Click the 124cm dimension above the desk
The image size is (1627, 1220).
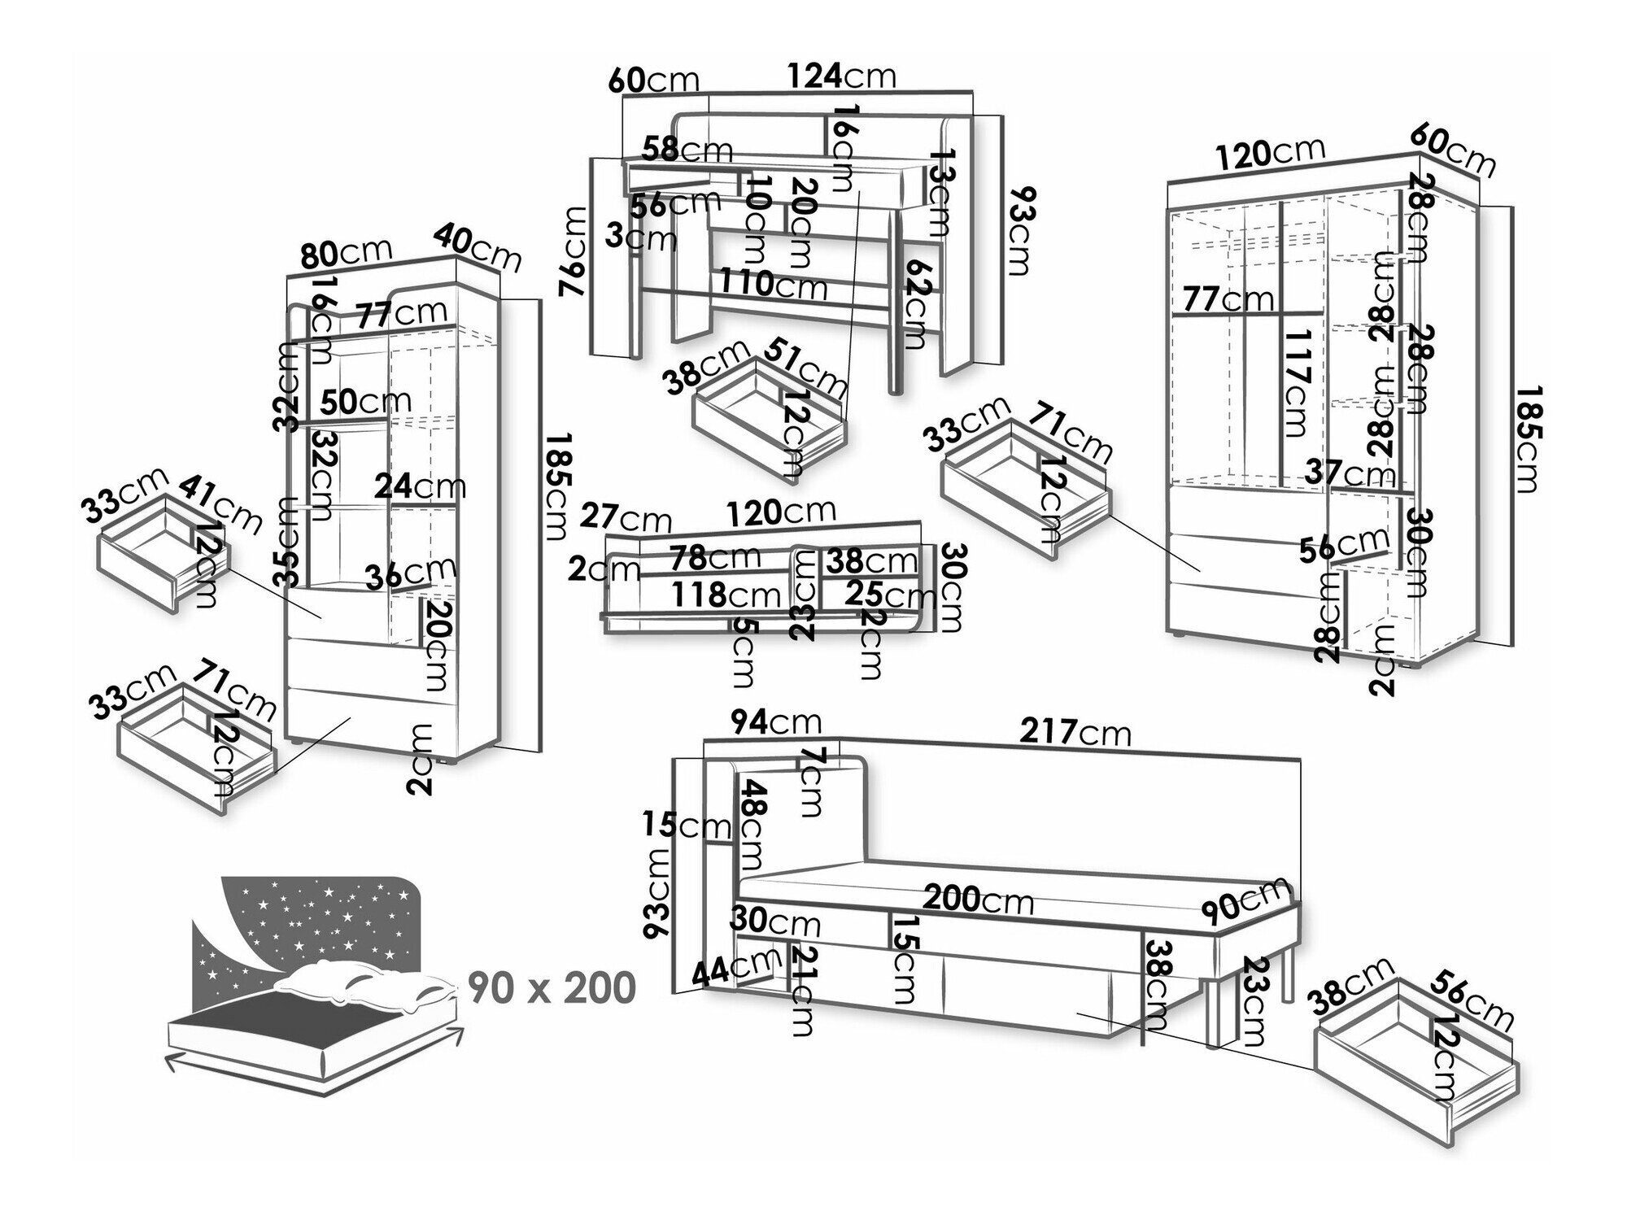click(x=841, y=76)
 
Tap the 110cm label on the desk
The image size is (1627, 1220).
click(x=772, y=284)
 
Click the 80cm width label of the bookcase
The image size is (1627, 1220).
click(x=347, y=252)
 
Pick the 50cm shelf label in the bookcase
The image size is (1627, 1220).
click(x=365, y=401)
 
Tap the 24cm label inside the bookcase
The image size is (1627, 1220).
click(x=420, y=486)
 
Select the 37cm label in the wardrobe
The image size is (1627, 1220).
click(x=1351, y=472)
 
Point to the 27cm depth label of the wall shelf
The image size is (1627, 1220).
click(x=627, y=519)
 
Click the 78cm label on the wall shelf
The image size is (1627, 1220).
click(x=715, y=557)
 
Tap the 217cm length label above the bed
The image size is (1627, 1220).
click(x=1075, y=732)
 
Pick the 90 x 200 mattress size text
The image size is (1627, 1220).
click(x=552, y=988)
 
